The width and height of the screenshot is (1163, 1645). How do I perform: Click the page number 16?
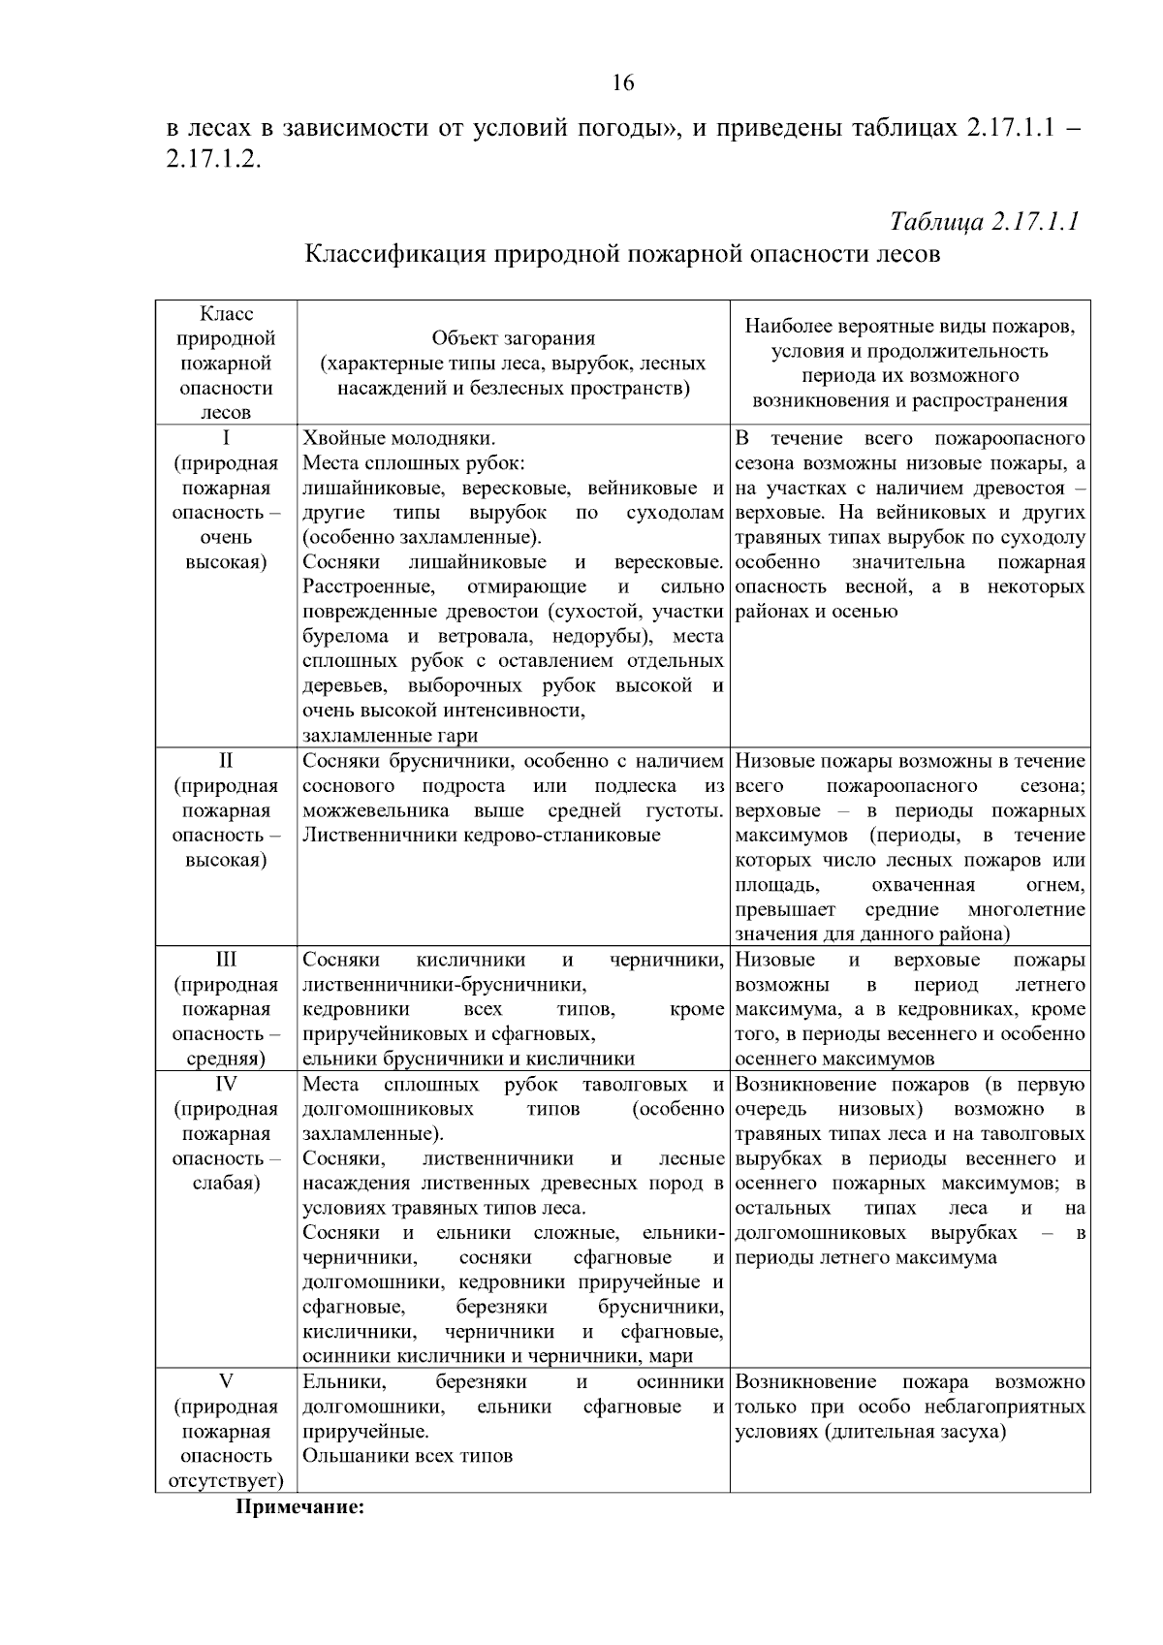(x=623, y=83)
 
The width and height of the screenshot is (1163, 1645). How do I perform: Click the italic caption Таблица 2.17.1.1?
(x=984, y=221)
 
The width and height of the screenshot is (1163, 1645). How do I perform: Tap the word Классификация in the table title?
(x=395, y=255)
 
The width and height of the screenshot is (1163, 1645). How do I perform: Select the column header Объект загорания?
(x=513, y=338)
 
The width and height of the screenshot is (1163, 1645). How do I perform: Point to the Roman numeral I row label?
(x=226, y=438)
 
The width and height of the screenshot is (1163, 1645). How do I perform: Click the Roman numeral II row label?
(x=226, y=761)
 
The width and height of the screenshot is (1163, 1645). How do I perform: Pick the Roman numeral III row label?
(x=226, y=960)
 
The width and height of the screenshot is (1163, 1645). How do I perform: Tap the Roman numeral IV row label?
(x=226, y=1084)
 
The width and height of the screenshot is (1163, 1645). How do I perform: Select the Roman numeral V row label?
(x=226, y=1381)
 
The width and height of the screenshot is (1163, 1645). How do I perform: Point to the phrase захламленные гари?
(x=391, y=736)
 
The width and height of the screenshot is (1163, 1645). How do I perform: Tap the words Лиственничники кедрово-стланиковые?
(x=482, y=835)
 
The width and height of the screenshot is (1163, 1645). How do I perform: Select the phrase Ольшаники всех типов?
(x=408, y=1456)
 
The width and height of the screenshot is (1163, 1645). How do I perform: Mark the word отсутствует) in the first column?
(x=226, y=1481)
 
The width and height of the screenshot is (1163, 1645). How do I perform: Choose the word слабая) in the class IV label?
(x=226, y=1184)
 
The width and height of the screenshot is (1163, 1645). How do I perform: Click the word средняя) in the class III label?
(x=226, y=1060)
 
